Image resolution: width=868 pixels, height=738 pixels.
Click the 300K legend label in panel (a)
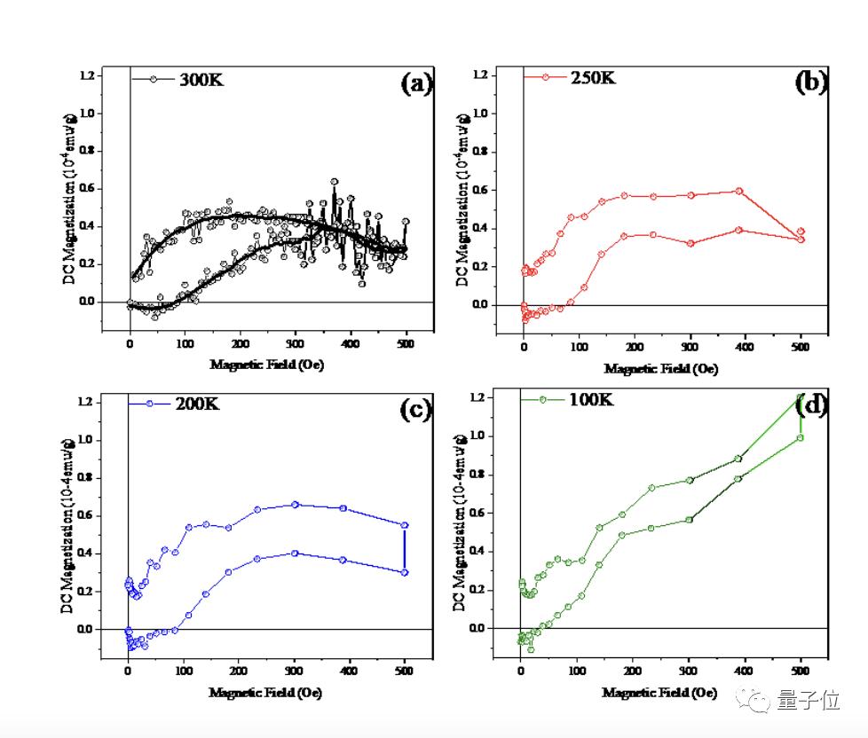click(x=201, y=79)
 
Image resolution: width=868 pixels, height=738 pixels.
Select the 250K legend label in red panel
click(x=594, y=77)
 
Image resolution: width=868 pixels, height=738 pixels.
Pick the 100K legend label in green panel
click(x=589, y=400)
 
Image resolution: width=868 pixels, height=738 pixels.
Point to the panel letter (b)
click(x=810, y=82)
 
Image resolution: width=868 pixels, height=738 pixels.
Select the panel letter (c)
click(x=415, y=409)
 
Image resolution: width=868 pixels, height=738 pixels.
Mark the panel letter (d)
click(x=811, y=406)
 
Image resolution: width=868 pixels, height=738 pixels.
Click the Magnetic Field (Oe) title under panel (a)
click(x=266, y=365)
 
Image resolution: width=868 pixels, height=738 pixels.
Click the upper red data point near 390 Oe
click(x=738, y=191)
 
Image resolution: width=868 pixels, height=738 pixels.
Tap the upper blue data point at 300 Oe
click(x=296, y=505)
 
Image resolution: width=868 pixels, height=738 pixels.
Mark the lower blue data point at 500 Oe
click(x=405, y=572)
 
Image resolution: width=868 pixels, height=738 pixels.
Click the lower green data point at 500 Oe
click(x=800, y=437)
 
